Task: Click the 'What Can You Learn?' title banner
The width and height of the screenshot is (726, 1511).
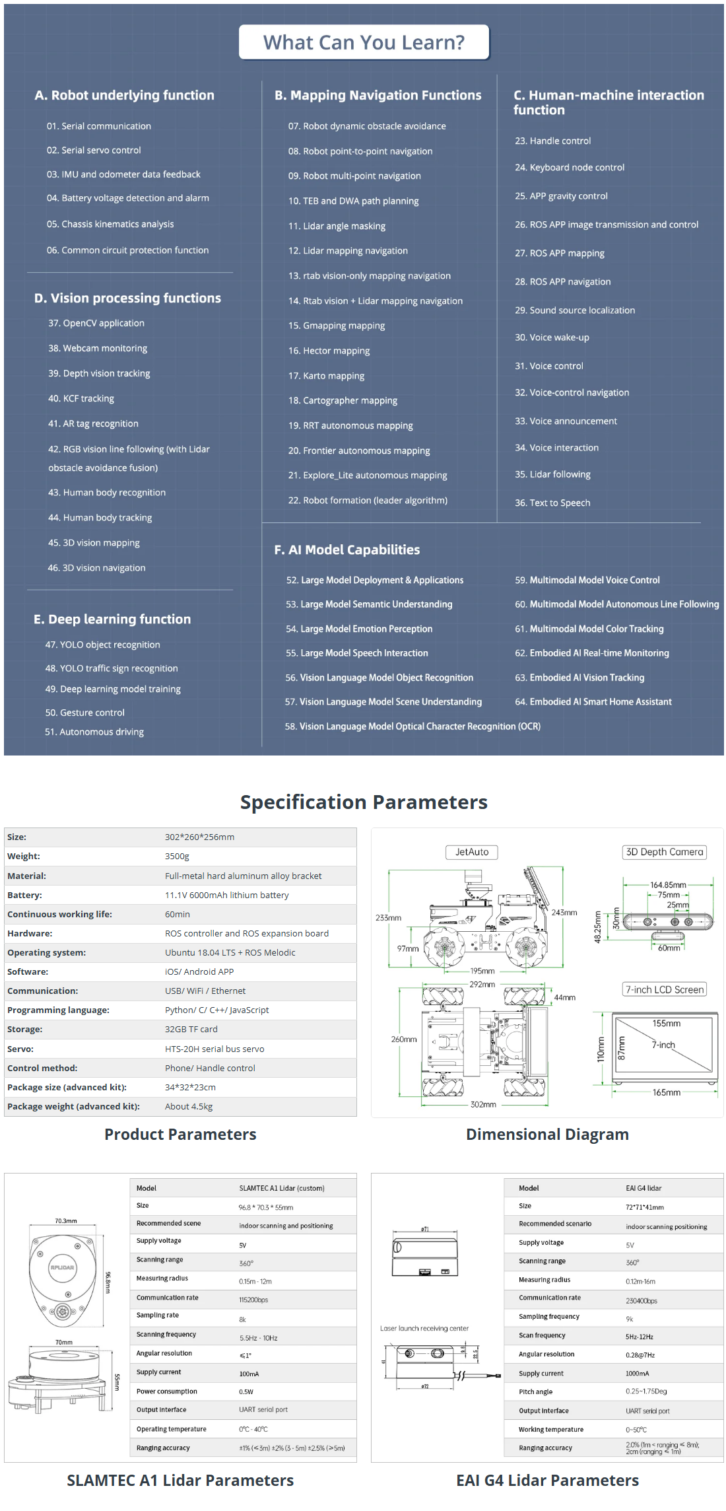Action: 364,42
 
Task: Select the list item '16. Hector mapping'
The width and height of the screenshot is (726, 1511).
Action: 329,351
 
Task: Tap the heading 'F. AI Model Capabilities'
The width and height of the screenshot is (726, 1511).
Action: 346,549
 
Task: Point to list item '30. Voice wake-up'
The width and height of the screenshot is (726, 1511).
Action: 552,337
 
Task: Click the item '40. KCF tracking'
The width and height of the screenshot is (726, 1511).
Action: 81,398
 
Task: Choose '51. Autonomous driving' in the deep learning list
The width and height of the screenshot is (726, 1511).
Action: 94,732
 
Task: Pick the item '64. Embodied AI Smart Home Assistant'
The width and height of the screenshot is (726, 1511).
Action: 593,702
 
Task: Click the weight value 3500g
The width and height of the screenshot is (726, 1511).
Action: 177,856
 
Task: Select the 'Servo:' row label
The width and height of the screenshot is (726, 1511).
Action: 20,1049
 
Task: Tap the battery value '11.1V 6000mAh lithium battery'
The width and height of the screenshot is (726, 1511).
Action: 226,895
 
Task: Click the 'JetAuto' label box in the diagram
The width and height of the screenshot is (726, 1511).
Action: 472,852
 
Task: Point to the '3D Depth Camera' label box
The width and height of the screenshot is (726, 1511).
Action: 664,852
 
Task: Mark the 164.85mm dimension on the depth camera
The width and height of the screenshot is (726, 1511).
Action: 668,885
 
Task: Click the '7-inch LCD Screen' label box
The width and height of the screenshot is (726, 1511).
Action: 665,989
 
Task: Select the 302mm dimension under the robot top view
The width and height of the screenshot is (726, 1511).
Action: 483,1104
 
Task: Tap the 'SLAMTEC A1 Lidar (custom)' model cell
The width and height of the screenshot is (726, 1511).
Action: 282,1188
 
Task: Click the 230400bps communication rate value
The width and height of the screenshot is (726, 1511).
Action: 642,1301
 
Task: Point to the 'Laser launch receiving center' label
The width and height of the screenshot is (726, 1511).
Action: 424,1328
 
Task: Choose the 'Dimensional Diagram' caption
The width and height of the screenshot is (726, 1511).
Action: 547,1135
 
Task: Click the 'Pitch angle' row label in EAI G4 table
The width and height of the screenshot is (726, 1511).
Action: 535,1391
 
